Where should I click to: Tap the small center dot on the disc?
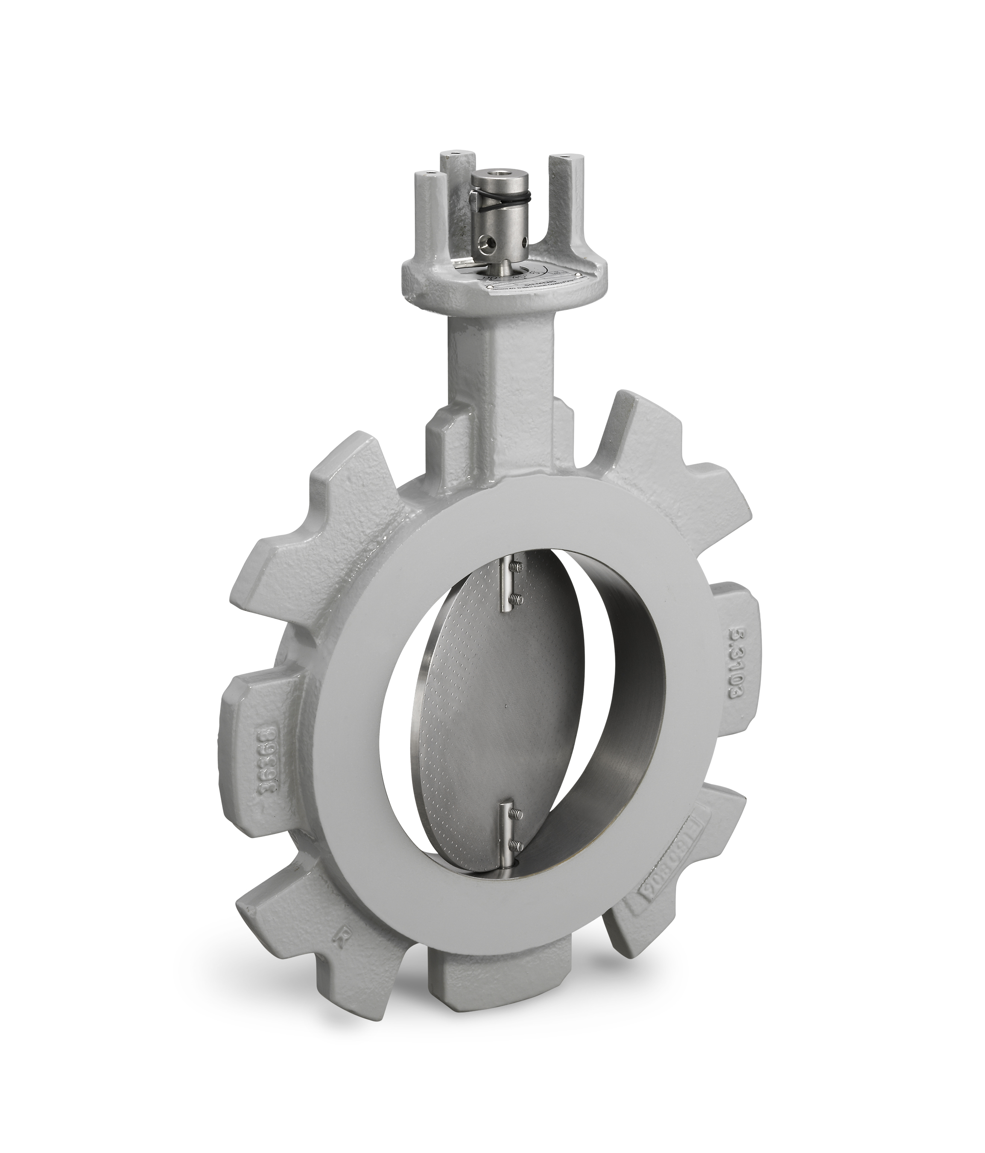click(x=504, y=706)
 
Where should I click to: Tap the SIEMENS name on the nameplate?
click(x=539, y=283)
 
